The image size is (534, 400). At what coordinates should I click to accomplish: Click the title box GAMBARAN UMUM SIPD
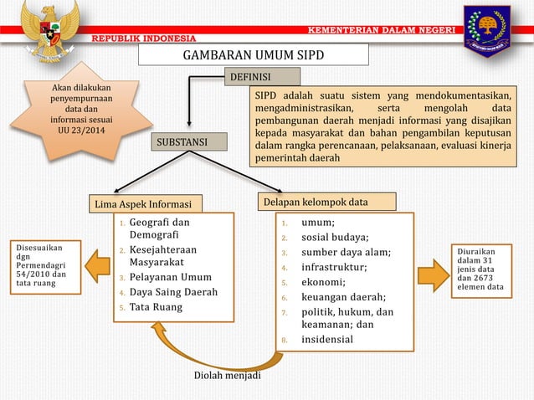point(253,55)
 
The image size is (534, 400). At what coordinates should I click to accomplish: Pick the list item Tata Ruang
point(155,307)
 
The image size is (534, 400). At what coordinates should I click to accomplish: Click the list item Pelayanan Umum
point(170,277)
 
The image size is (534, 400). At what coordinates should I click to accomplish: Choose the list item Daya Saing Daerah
point(173,292)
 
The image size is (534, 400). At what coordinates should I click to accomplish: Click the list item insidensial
point(327,339)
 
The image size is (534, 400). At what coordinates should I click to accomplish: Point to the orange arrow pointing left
point(97,265)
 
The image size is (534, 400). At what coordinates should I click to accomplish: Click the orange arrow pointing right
point(433,274)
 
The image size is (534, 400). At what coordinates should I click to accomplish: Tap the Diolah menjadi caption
point(227,375)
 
